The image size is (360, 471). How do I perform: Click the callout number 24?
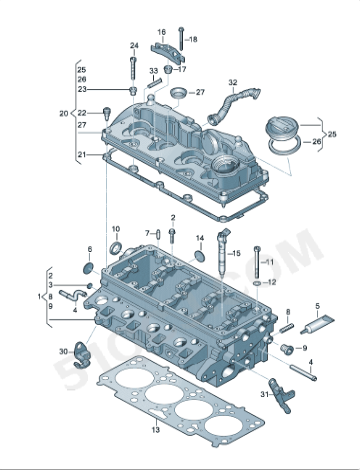click(134, 46)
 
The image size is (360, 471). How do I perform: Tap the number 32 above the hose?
click(232, 82)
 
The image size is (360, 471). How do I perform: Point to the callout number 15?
click(236, 254)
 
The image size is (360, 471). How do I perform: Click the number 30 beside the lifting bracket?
click(63, 351)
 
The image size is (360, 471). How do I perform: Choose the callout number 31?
click(265, 395)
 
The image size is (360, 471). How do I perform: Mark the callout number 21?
click(82, 155)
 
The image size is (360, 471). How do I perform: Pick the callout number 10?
click(114, 228)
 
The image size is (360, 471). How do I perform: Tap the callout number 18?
click(193, 39)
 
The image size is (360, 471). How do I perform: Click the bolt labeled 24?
click(134, 72)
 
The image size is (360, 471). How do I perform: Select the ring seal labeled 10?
click(116, 247)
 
